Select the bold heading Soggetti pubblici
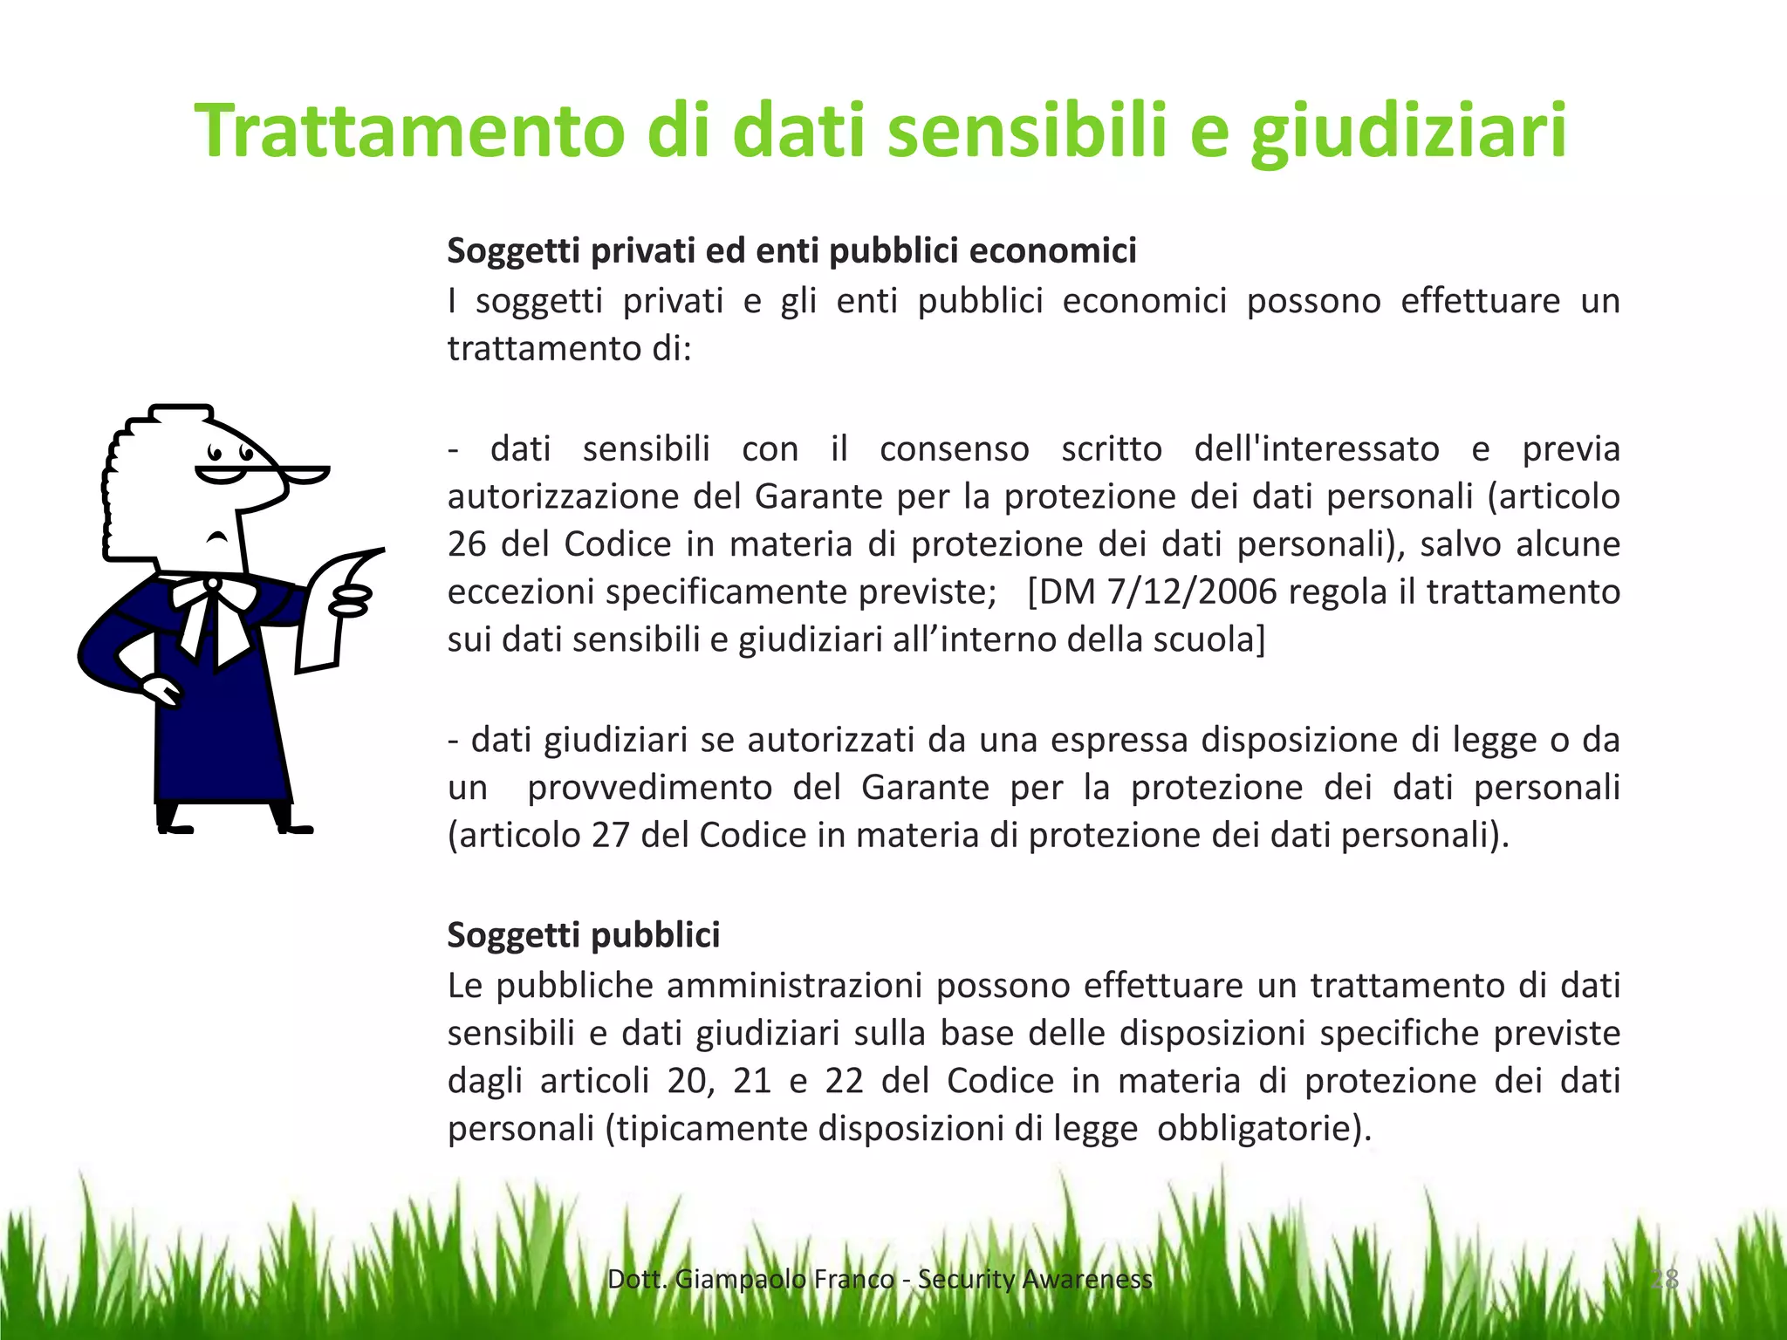tap(584, 934)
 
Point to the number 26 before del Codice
tap(466, 544)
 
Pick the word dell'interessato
tap(1316, 449)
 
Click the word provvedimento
tap(649, 788)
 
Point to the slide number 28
tap(1664, 1279)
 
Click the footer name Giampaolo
tap(741, 1279)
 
